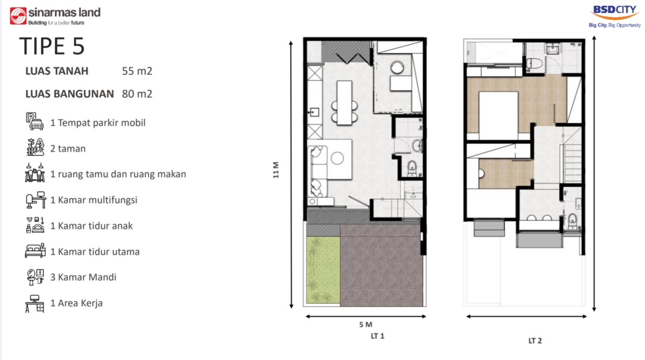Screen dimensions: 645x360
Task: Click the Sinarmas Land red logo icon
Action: [x=18, y=16]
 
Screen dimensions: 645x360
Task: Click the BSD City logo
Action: [x=614, y=17]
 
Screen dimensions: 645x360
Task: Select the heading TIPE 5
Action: [x=52, y=46]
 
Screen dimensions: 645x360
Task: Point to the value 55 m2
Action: [x=137, y=71]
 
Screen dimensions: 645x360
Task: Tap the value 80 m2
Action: [x=137, y=94]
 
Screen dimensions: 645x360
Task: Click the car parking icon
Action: [x=34, y=121]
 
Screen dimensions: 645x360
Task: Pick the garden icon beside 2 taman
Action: [x=35, y=147]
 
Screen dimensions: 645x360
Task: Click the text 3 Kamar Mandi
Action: [x=83, y=277]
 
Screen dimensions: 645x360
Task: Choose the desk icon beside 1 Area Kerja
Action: [x=34, y=304]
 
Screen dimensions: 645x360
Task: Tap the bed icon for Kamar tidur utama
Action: [x=35, y=250]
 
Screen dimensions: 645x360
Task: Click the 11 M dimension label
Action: [x=276, y=170]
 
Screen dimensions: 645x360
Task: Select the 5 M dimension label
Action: [x=366, y=325]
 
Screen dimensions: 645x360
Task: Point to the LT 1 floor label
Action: [x=378, y=336]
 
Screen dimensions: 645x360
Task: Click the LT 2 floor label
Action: [x=535, y=341]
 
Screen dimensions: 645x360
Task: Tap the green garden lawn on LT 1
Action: [x=323, y=270]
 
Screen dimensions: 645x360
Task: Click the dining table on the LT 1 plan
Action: [x=344, y=103]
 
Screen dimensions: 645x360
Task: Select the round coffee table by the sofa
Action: [x=337, y=158]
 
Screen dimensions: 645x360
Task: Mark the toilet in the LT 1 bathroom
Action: [x=412, y=168]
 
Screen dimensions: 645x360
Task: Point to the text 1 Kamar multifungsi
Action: [x=94, y=200]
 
